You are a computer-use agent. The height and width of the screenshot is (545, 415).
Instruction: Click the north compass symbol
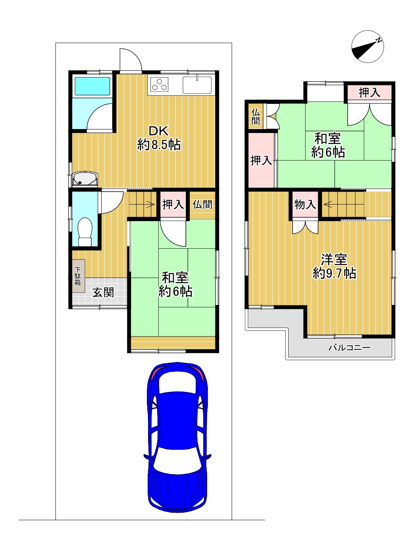click(367, 47)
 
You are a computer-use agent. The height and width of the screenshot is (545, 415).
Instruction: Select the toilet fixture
click(85, 232)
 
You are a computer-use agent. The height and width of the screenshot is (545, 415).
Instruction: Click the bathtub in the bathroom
click(93, 86)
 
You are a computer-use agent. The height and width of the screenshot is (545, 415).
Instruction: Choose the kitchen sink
click(197, 85)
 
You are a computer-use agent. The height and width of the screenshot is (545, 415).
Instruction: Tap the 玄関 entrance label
click(103, 292)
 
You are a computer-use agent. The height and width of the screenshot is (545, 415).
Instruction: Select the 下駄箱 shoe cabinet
click(79, 276)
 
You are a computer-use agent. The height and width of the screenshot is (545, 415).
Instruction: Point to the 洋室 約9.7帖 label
click(334, 266)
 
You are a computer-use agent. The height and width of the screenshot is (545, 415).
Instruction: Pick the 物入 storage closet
click(305, 205)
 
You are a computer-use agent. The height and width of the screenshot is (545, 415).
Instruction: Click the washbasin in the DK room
click(85, 178)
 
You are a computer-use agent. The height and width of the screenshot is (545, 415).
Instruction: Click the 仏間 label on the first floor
click(202, 205)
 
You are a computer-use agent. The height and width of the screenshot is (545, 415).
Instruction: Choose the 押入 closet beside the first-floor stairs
click(173, 204)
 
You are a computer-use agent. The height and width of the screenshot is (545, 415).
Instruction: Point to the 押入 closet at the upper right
click(369, 92)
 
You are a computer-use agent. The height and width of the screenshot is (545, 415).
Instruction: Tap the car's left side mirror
click(147, 456)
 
